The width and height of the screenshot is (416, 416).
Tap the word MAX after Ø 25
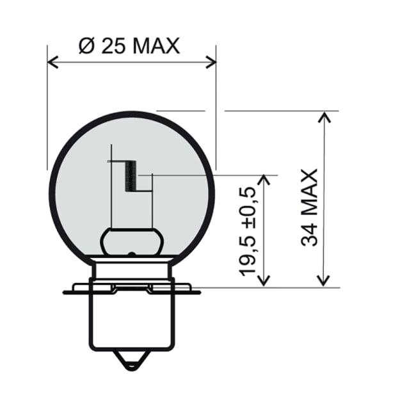pyautogui.click(x=156, y=47)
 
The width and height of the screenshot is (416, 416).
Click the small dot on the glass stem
pyautogui.click(x=131, y=255)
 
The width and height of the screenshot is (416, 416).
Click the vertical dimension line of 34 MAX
pyautogui.click(x=326, y=198)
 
